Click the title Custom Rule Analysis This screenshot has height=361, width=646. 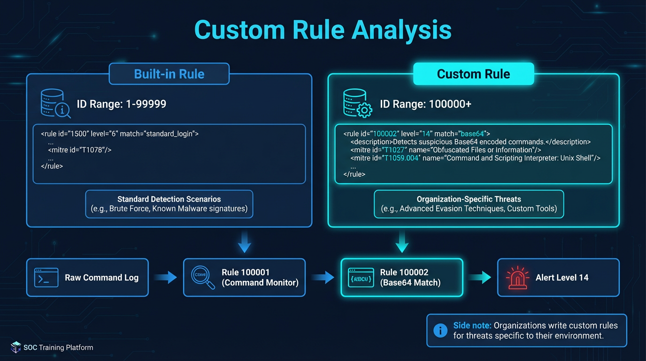pos(323,30)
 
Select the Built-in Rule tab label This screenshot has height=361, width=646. pos(169,74)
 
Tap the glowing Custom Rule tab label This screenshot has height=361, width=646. pos(473,74)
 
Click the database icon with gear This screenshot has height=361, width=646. pos(357,103)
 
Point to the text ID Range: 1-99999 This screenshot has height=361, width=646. pos(121,104)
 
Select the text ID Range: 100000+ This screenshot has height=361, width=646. pos(425,104)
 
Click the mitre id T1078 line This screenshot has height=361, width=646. pos(79,150)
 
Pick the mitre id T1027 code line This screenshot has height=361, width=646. pos(446,150)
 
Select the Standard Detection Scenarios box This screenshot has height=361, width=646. pos(169,204)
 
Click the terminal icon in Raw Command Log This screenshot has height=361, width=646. pos(46,278)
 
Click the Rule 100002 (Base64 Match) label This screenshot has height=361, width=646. pos(410,277)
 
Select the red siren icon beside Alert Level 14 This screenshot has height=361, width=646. pos(517,278)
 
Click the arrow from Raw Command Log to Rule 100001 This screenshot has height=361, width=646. pos(165,278)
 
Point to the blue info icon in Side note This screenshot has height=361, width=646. pos(440,330)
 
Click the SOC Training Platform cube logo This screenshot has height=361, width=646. pos(16,347)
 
